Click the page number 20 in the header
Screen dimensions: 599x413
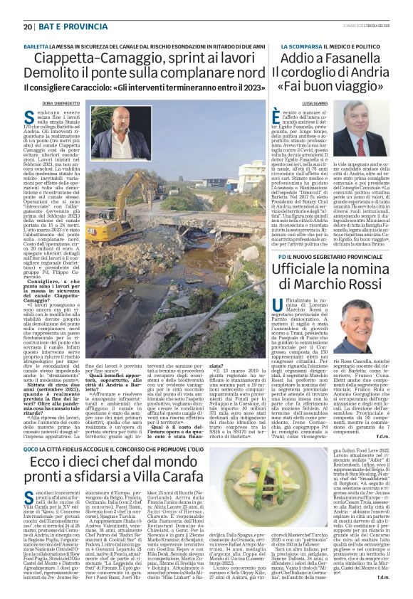point(28,27)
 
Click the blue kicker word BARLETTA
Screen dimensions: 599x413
point(36,45)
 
